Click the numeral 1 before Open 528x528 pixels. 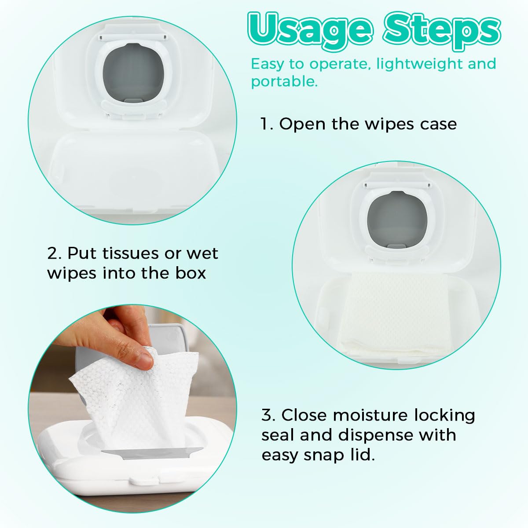pyautogui.click(x=265, y=124)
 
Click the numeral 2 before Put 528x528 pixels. pyautogui.click(x=53, y=253)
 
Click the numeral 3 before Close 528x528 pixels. pyautogui.click(x=268, y=415)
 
